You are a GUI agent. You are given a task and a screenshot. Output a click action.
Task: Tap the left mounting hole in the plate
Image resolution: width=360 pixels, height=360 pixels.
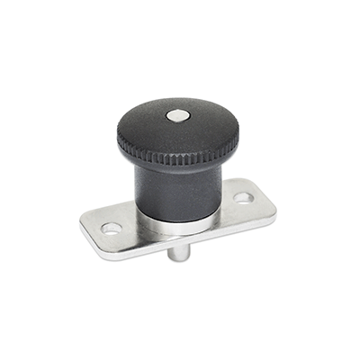click(x=112, y=229)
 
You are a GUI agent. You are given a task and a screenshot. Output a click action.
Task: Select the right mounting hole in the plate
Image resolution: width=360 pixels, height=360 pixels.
click(x=244, y=196)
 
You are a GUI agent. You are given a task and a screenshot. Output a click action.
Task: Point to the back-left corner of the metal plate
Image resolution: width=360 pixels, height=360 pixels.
click(x=83, y=216)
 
